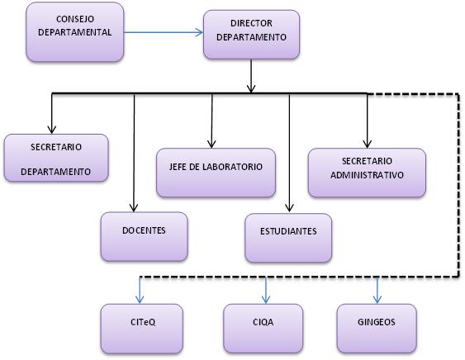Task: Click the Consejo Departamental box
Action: pos(74,32)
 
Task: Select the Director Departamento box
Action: pos(251,35)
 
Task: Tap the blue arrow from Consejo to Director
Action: pos(164,32)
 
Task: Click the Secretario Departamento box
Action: pos(56,158)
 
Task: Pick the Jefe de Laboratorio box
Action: pos(216,173)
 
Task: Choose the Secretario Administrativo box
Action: pos(367,173)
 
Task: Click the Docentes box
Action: pos(145,236)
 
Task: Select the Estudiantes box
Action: pos(288,238)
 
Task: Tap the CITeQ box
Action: pos(142,329)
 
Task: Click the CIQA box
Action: pos(263,329)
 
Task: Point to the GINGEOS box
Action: pos(377,329)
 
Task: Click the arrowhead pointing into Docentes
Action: pos(134,208)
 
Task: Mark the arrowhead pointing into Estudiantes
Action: pos(289,208)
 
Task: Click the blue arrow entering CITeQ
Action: pos(140,291)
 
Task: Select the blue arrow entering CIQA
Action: pos(266,291)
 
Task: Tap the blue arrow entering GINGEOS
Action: pos(377,291)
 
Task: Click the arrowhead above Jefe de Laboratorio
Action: pos(211,144)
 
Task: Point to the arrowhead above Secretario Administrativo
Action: pos(368,144)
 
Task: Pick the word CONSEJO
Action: pos(75,19)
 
